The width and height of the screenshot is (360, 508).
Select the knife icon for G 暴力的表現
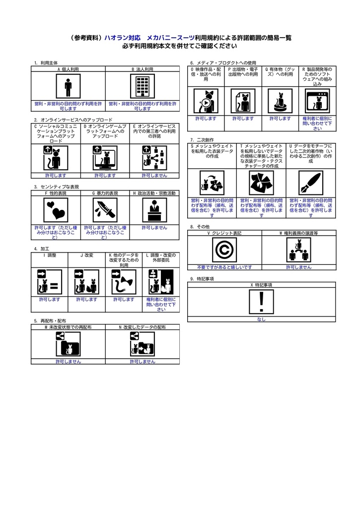coord(105,210)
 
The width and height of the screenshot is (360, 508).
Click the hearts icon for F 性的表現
coord(55,210)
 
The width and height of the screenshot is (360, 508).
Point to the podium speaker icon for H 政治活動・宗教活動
coord(154,210)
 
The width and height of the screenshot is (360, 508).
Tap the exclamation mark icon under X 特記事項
coord(262,302)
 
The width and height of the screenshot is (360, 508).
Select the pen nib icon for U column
coord(311,183)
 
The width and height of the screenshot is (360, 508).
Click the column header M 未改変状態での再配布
coord(68,327)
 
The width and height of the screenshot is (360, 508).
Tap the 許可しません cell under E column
coord(154,175)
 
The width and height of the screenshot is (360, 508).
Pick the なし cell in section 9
coord(262,319)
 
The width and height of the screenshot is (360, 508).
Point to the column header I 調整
coord(50,254)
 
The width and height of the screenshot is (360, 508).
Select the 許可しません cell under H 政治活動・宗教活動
coord(154,227)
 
